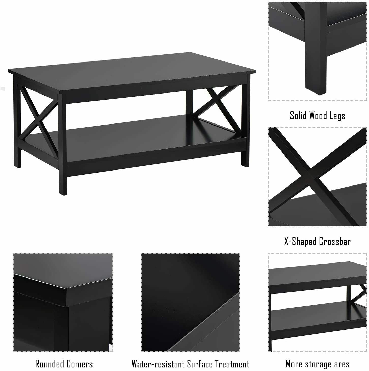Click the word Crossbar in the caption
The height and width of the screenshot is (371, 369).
(x=335, y=241)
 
